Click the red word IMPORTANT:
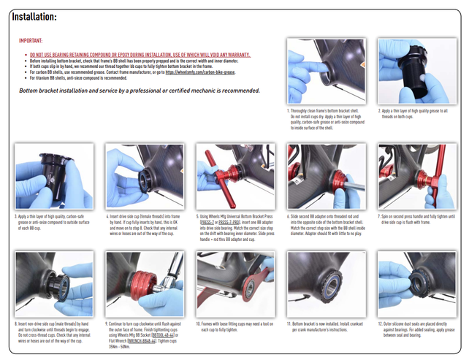click(31, 42)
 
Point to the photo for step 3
click(53, 177)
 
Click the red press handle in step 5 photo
click(214, 162)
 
